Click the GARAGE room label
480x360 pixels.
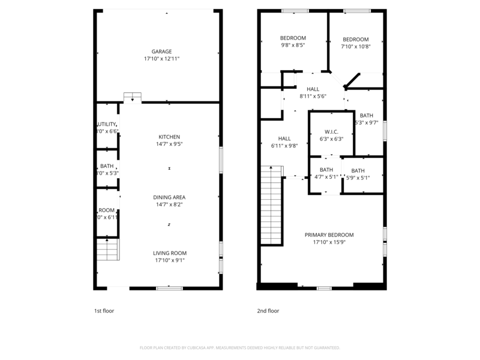point(161,52)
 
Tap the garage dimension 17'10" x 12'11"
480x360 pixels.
point(161,59)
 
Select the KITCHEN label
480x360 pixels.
point(169,137)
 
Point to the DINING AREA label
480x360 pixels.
point(169,197)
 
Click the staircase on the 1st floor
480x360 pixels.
point(108,249)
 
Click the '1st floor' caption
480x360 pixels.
point(104,311)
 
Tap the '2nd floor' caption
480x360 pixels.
point(268,311)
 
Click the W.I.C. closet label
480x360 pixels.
point(331,131)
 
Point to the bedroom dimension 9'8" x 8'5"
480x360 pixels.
point(293,45)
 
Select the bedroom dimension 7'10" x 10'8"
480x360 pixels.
point(355,47)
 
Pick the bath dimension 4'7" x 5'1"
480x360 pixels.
point(326,177)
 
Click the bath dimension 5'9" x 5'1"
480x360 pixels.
point(358,178)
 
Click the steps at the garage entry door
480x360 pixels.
point(132,97)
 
